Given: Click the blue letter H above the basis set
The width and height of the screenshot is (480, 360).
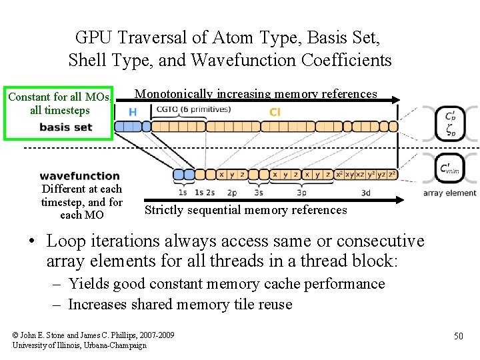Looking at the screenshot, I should [x=133, y=112].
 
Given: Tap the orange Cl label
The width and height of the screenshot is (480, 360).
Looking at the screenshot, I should [x=275, y=112].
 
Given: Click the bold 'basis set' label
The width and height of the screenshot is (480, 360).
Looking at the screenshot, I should [x=65, y=127].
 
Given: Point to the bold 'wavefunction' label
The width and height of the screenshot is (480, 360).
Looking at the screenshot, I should [x=79, y=176].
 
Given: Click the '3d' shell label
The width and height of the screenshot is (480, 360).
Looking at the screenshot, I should [x=366, y=192].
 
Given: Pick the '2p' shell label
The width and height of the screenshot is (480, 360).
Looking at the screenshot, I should [x=231, y=192].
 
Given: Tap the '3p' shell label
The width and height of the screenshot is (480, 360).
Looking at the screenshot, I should [x=301, y=192].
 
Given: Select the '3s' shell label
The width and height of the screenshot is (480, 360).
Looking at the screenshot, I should [x=258, y=192].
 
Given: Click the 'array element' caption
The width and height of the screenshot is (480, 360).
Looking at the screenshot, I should [x=450, y=193].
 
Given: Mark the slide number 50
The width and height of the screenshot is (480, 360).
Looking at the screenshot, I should [x=458, y=336].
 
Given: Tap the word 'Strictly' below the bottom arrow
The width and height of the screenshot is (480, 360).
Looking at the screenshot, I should [x=165, y=210].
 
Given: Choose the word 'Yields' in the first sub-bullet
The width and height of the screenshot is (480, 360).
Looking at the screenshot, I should [x=89, y=284].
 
